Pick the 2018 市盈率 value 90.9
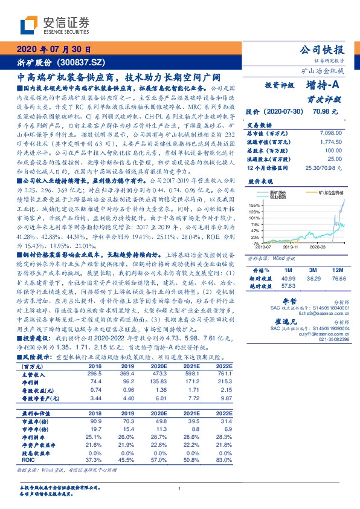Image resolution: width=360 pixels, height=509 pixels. click(95, 420)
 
